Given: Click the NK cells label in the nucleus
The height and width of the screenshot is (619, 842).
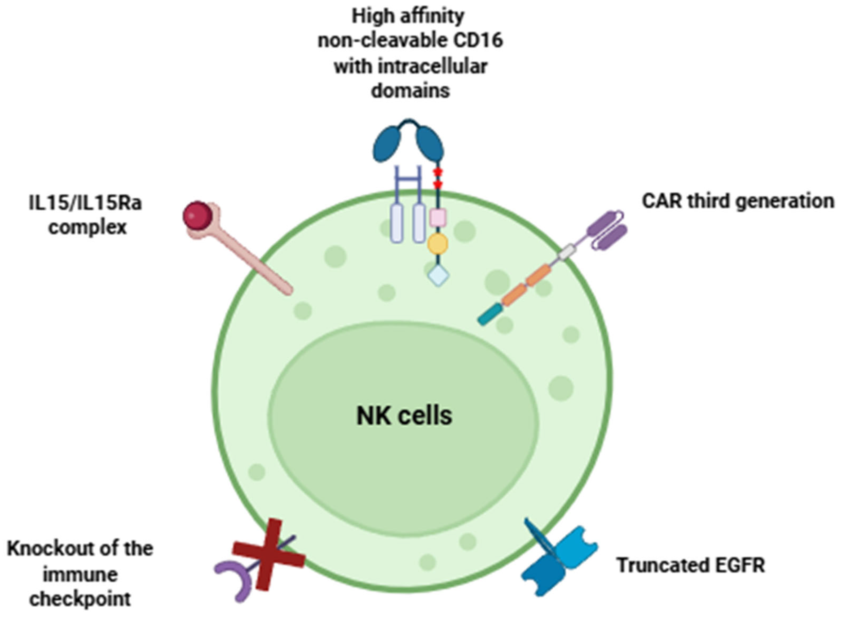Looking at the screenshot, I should coord(404,416).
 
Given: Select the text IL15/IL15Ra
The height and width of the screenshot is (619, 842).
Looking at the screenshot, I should coord(85,203).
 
